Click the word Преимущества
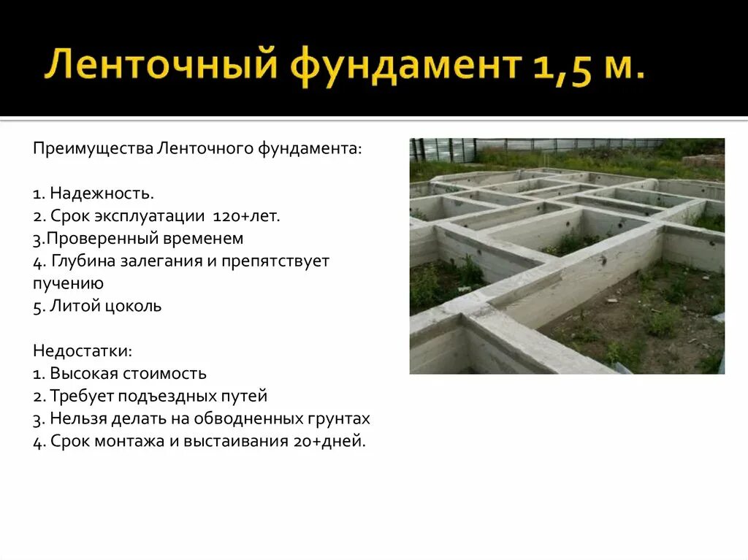tap(92, 149)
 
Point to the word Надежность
tap(102, 193)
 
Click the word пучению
tap(68, 283)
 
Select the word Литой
tap(72, 306)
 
